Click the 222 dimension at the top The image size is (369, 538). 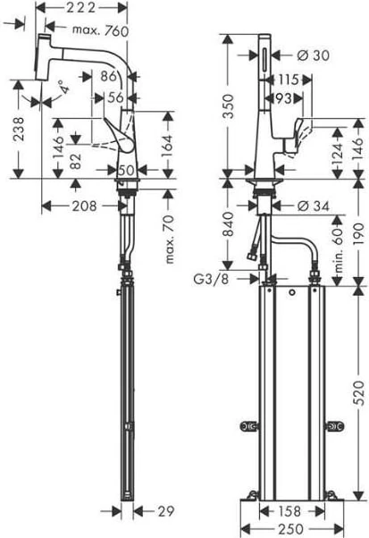pos(80,7)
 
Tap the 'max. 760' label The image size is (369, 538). pos(100,30)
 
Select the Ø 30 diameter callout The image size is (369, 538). pos(313,55)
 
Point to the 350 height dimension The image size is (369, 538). pos(228,106)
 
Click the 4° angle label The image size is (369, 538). pos(63,88)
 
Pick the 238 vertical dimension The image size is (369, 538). pos(19,129)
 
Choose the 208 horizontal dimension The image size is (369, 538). pos(84,206)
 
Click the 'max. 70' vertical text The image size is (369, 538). pos(169,240)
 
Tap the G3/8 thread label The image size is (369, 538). pos(211,279)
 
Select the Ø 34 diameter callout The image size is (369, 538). pos(313,206)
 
